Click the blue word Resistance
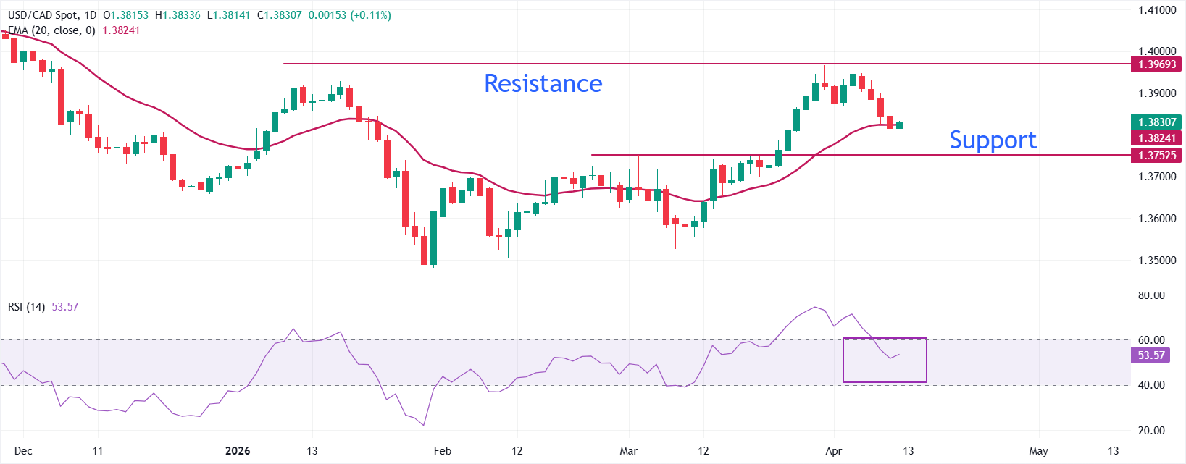click(x=543, y=84)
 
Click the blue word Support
click(x=993, y=140)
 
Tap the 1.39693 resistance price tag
click(x=1156, y=64)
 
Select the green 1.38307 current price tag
click(x=1156, y=122)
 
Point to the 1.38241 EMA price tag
click(x=1156, y=138)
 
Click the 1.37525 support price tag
click(x=1156, y=155)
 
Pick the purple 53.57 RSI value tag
click(x=1150, y=355)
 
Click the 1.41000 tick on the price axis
click(x=1156, y=10)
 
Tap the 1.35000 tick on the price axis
click(x=1156, y=261)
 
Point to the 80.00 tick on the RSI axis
click(x=1151, y=295)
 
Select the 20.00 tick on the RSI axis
click(x=1151, y=431)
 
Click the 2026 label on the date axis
click(x=238, y=451)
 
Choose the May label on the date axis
click(x=1038, y=451)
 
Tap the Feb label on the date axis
click(x=442, y=451)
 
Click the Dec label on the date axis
click(x=23, y=451)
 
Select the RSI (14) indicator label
click(x=26, y=307)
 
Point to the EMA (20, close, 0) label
click(x=51, y=30)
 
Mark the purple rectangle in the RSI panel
click(x=885, y=360)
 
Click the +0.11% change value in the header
click(x=371, y=15)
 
